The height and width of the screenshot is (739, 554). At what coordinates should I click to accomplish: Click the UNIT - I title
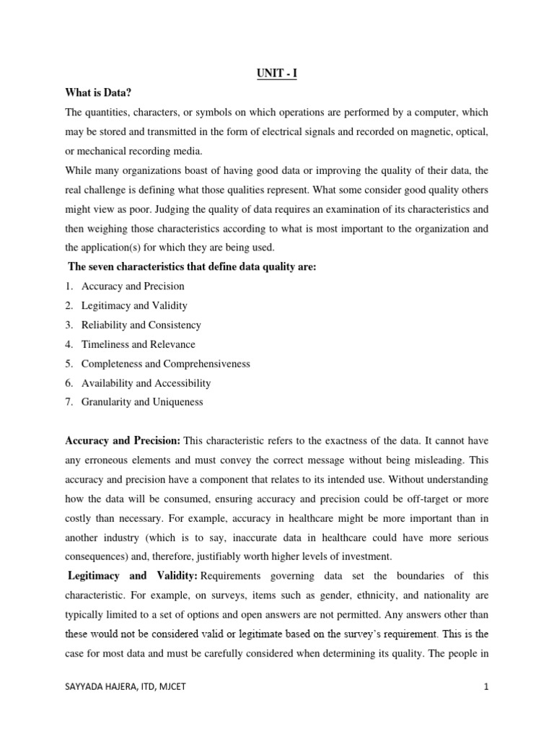[x=276, y=74]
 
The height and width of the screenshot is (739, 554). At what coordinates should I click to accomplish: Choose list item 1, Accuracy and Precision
[x=133, y=287]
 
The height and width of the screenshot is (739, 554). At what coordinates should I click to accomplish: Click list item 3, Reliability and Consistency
[x=141, y=325]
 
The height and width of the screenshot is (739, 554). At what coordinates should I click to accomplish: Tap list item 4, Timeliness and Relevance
[x=138, y=344]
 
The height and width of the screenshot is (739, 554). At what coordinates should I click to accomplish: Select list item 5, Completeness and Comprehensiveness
[x=165, y=364]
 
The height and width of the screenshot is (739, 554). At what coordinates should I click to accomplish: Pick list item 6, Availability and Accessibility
[x=146, y=383]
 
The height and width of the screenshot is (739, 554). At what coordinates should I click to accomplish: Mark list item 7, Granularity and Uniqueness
[x=142, y=403]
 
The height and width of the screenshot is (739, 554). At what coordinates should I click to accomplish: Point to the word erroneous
[x=113, y=460]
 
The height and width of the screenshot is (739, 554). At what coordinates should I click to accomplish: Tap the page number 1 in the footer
[x=486, y=707]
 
